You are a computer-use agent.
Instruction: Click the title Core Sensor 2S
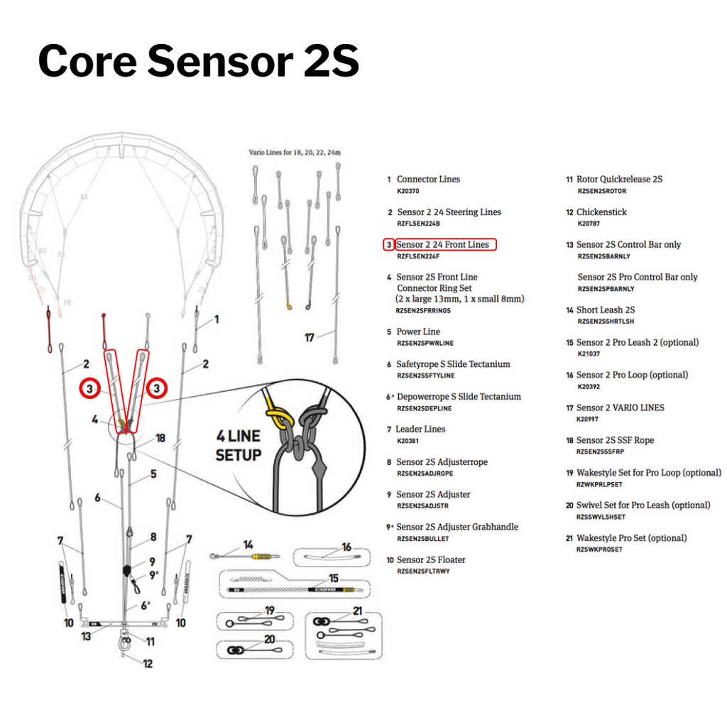click(x=198, y=61)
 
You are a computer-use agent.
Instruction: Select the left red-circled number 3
click(x=89, y=388)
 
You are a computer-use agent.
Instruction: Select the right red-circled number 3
click(x=156, y=388)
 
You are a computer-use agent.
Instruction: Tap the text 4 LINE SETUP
click(x=239, y=445)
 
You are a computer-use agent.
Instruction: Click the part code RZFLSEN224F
click(x=418, y=256)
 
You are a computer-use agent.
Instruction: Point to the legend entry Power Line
click(x=417, y=332)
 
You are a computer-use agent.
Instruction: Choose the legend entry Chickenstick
click(x=601, y=212)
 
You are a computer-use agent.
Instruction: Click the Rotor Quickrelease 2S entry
click(x=619, y=180)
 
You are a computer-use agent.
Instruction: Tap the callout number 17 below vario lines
click(x=309, y=338)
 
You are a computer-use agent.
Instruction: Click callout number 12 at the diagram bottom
click(x=147, y=665)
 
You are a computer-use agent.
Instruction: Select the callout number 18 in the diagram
click(x=160, y=438)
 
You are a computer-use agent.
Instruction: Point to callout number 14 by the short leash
click(x=248, y=545)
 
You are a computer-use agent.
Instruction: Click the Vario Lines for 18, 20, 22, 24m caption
click(x=295, y=153)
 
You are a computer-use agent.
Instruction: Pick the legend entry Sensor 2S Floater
click(x=430, y=560)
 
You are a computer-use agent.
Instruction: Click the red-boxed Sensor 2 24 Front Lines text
click(x=442, y=244)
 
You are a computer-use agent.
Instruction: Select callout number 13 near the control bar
click(x=86, y=636)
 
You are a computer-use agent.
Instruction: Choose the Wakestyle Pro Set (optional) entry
click(x=631, y=538)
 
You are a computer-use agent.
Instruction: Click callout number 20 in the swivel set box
click(x=270, y=640)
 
